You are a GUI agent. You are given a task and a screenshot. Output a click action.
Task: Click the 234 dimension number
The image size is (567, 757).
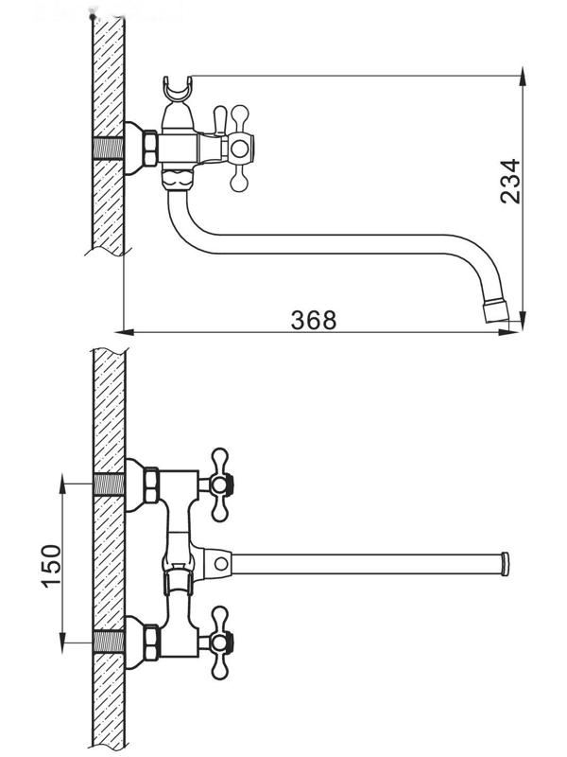point(509,180)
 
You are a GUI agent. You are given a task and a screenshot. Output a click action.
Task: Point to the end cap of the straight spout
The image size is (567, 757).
point(505,564)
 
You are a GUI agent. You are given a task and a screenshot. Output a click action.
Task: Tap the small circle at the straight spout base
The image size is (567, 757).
point(220,564)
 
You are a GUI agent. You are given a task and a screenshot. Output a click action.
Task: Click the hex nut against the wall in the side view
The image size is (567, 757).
point(149,149)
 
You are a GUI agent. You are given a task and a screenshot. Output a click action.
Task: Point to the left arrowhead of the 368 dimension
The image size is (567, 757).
point(120,331)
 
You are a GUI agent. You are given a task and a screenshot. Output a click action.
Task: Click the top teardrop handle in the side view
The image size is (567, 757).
point(222,116)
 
